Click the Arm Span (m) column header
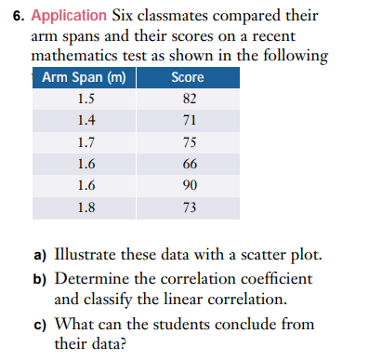[84, 77]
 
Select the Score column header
[188, 77]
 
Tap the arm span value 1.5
[86, 100]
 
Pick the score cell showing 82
[189, 100]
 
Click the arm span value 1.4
[86, 121]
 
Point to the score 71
[189, 121]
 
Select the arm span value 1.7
[86, 142]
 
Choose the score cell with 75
[189, 142]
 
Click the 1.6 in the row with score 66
[86, 164]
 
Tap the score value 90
[189, 185]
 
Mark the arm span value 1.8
[86, 207]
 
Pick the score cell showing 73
[189, 207]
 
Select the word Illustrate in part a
[91, 255]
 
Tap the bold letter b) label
[41, 278]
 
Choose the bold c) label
[41, 324]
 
